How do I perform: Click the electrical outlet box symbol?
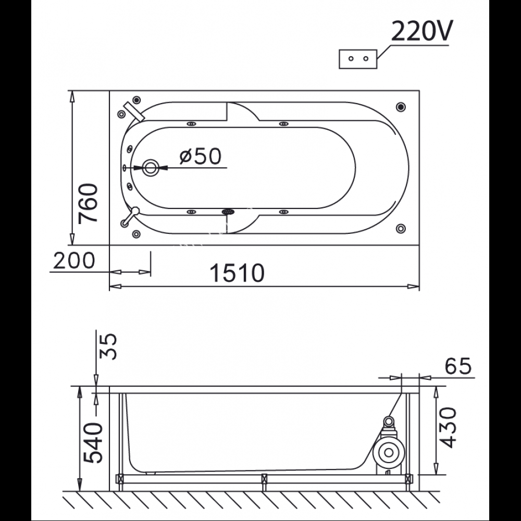(358, 59)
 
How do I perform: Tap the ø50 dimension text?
(200, 156)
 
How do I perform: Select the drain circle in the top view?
(151, 168)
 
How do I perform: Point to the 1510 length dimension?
(237, 272)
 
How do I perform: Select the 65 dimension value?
(458, 366)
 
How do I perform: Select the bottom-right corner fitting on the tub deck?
(401, 228)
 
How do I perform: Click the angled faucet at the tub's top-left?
(133, 111)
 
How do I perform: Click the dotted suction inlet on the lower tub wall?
(228, 212)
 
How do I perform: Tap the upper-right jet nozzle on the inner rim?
(283, 123)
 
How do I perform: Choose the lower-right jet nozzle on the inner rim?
(283, 212)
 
